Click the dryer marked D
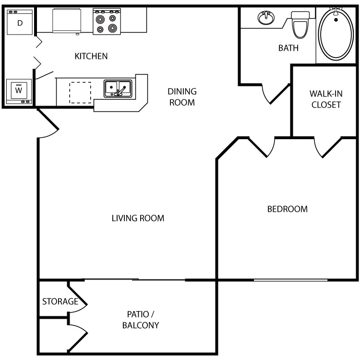(x=20, y=22)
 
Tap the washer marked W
(x=19, y=91)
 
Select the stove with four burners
(x=107, y=22)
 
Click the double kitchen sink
(x=118, y=89)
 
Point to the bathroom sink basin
(x=266, y=17)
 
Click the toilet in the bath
(x=300, y=25)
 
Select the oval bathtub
(x=336, y=34)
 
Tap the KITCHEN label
(x=91, y=56)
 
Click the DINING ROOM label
(x=182, y=97)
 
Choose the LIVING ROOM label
(x=138, y=218)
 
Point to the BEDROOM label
(x=288, y=209)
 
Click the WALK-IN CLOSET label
(x=326, y=99)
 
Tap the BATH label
(x=288, y=48)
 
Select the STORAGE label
(x=60, y=301)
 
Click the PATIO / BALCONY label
(x=141, y=320)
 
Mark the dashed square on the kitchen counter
(x=80, y=93)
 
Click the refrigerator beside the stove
(x=67, y=21)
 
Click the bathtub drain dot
(x=336, y=20)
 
